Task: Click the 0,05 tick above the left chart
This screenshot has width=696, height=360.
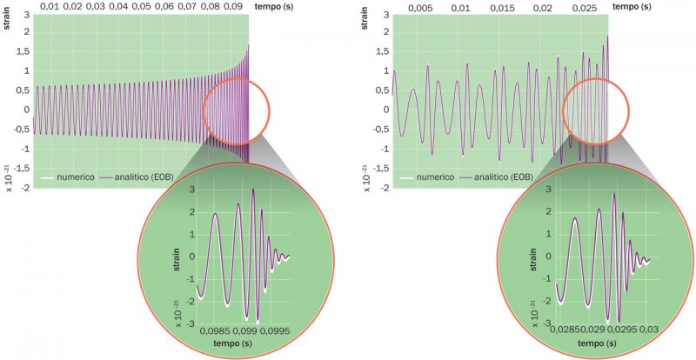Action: pyautogui.click(x=142, y=6)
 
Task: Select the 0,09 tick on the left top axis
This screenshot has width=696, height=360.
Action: pyautogui.click(x=232, y=6)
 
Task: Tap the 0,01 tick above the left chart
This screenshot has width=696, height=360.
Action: pyautogui.click(x=51, y=6)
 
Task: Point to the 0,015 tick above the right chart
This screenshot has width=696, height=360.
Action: pyautogui.click(x=502, y=7)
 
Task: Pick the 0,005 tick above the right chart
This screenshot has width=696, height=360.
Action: pyautogui.click(x=421, y=7)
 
